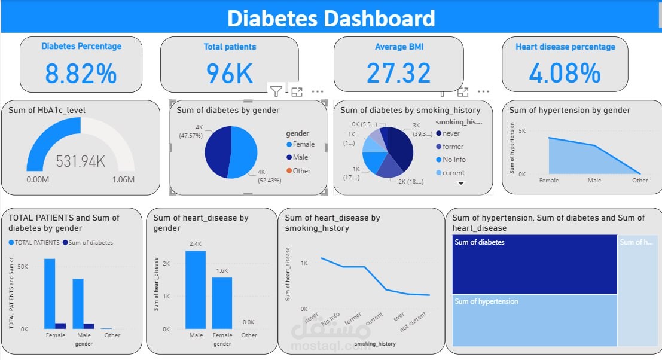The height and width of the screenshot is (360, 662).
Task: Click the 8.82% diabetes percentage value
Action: pos(81,73)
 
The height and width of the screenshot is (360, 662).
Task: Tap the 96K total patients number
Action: pos(230,73)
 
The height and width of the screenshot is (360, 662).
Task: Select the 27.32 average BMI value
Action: pos(398,73)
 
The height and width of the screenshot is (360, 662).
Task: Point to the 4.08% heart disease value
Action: pos(565,73)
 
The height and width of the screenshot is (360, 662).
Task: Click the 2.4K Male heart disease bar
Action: pos(195,289)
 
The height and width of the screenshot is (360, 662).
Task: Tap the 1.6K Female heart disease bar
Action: pos(222,303)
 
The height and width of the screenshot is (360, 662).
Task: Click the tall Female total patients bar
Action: pos(49,293)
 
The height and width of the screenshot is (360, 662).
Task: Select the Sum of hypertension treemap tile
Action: pos(535,320)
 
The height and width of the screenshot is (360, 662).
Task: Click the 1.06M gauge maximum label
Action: pos(122,179)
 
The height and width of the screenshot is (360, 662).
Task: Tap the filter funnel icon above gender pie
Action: pos(276,91)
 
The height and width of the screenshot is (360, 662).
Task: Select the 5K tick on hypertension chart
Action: pos(521,131)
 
